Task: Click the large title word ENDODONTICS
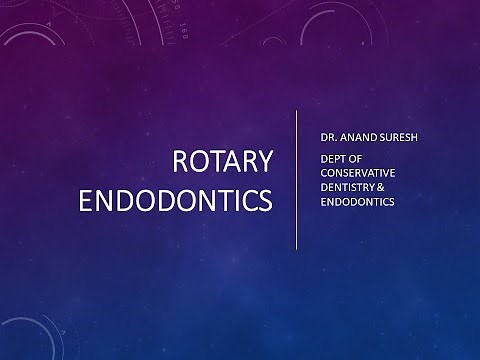click(175, 197)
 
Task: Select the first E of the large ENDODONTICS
click(86, 197)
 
